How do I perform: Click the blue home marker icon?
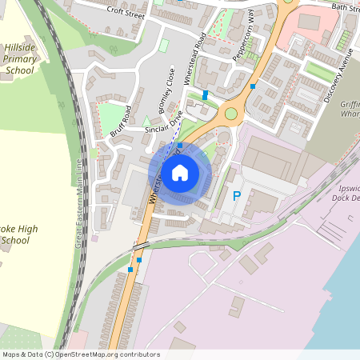tap(180, 172)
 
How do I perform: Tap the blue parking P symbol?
tap(236, 195)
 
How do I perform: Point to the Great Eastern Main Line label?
tap(79, 203)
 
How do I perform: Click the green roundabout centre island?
tap(232, 113)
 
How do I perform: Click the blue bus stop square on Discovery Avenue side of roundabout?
tap(253, 86)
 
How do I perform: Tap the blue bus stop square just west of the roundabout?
tap(206, 94)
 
